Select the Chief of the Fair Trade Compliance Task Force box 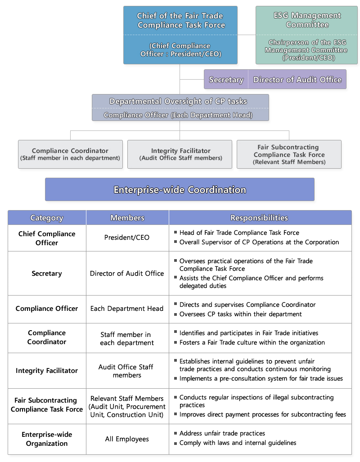point(180,35)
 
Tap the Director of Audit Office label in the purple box point(297,80)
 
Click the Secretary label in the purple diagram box point(226,80)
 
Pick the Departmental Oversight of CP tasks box point(180,108)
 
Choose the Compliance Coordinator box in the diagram point(70,154)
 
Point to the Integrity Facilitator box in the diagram point(180,154)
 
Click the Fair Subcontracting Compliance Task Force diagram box point(289,154)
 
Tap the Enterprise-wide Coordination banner point(180,189)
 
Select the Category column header point(47,218)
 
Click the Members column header point(127,218)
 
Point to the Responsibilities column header point(259,218)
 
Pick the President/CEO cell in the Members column point(127,238)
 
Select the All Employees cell point(127,439)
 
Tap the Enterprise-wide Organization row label point(47,439)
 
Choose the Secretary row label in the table point(47,274)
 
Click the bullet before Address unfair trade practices point(175,433)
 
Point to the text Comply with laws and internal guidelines point(238,443)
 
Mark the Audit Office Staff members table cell point(127,371)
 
